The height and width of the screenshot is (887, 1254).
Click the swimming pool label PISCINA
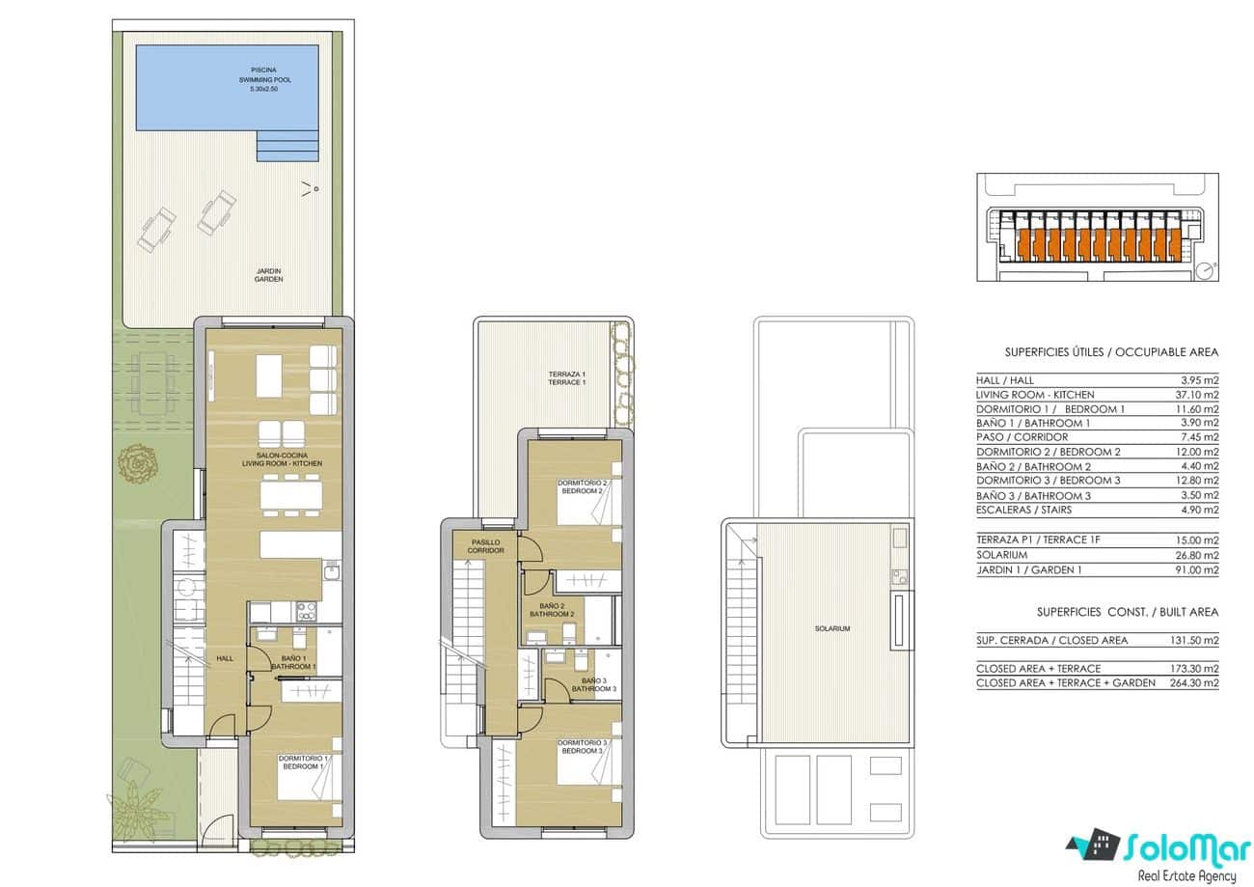[x=262, y=70]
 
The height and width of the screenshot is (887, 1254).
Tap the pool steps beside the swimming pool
[x=286, y=146]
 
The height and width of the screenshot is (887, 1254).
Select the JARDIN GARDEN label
[x=268, y=275]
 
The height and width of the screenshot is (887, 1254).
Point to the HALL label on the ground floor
[x=225, y=658]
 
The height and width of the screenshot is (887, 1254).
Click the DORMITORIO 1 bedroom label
[x=303, y=762]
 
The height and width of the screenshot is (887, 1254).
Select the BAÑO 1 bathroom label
[x=293, y=662]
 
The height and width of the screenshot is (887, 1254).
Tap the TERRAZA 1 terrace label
[x=566, y=378]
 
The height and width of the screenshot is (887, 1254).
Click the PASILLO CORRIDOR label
[x=486, y=546]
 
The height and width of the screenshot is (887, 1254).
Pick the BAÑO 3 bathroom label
[x=593, y=684]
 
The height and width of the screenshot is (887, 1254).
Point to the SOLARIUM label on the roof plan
[x=831, y=628]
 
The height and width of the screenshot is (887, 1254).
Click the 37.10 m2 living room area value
[x=1199, y=395]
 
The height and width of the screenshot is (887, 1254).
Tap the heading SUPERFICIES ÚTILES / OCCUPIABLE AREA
[x=1111, y=352]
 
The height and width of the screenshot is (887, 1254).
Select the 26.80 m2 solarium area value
[x=1199, y=555]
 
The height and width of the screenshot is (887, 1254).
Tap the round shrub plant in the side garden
[x=137, y=465]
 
